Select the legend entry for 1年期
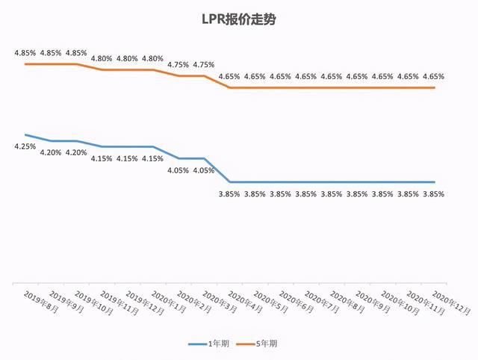[216, 344]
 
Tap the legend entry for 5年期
[267, 344]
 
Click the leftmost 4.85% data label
[25, 52]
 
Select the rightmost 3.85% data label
[433, 193]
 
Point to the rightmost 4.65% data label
[433, 76]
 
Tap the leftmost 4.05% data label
[179, 170]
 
